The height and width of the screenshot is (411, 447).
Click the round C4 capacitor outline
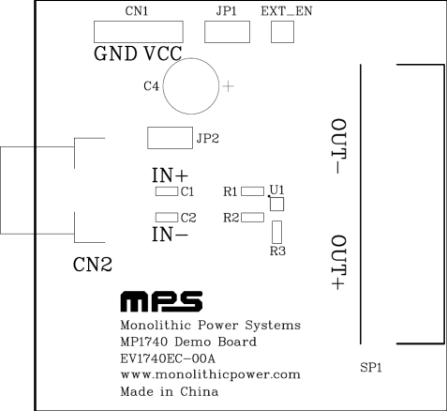163,86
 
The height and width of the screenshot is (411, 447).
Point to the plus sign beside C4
229,86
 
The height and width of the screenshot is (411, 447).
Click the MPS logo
161,301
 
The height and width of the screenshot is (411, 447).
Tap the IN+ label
170,175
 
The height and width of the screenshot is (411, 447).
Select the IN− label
170,235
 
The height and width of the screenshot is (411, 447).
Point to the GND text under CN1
115,53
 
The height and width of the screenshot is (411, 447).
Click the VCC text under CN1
162,53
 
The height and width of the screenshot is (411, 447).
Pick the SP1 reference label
371,368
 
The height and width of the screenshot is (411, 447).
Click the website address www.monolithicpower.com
210,374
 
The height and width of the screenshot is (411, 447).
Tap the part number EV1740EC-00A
168,358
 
